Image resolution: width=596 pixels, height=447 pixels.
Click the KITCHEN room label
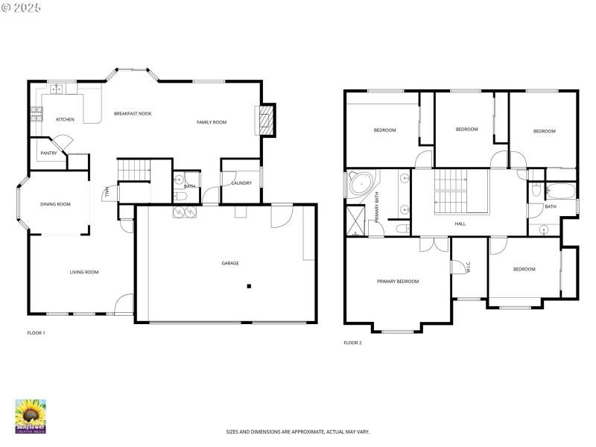tap(65, 119)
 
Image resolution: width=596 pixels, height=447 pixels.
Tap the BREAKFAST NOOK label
tap(133, 113)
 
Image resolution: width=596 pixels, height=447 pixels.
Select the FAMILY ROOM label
tap(212, 122)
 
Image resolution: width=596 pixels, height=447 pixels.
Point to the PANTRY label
tap(48, 154)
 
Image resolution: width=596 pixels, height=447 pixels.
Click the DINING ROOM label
tap(55, 203)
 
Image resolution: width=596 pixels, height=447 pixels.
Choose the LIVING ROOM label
tap(84, 272)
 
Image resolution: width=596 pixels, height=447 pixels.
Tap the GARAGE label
tap(230, 263)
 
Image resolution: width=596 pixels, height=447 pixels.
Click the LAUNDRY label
tap(241, 183)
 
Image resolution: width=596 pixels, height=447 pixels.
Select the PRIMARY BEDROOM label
tap(397, 282)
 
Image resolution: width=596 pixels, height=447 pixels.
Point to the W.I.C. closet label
tap(469, 267)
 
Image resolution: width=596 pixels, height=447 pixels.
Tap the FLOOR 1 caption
tap(36, 333)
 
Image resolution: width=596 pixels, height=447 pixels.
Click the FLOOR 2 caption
tap(352, 343)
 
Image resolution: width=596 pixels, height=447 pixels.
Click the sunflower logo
tap(31, 414)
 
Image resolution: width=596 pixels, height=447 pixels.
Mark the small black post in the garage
tap(250, 286)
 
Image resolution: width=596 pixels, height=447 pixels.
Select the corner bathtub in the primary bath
tap(362, 183)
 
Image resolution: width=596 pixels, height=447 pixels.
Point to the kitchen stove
tap(36, 115)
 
